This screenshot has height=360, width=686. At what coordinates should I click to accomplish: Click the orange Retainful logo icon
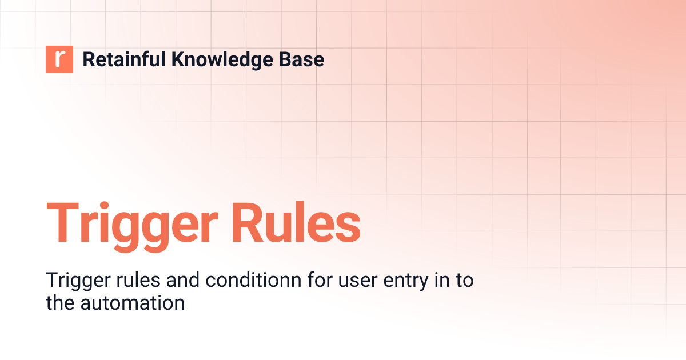click(x=59, y=59)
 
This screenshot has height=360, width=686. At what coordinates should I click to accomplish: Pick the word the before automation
click(x=60, y=303)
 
